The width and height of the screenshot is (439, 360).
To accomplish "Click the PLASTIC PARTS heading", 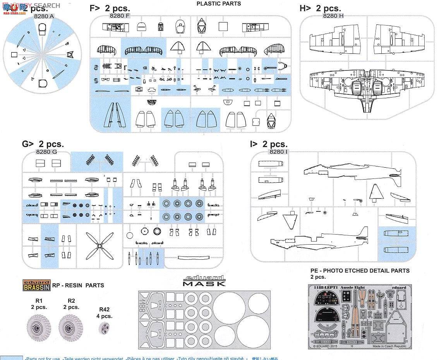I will [218, 3].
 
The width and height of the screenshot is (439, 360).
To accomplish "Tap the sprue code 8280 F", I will [120, 15].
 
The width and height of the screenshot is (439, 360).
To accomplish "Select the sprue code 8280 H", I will [333, 16].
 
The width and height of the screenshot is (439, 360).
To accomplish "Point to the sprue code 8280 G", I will [46, 152].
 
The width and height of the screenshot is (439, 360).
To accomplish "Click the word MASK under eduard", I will [204, 283].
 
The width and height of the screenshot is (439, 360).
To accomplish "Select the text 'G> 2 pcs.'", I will [43, 144].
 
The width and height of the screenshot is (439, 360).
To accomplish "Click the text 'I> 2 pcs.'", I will [269, 144].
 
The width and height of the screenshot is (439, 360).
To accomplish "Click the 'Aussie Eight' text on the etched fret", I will [356, 288].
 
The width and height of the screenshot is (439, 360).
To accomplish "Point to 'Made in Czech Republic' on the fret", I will [389, 346].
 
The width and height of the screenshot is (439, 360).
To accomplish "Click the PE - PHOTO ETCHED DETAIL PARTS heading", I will [360, 271].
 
